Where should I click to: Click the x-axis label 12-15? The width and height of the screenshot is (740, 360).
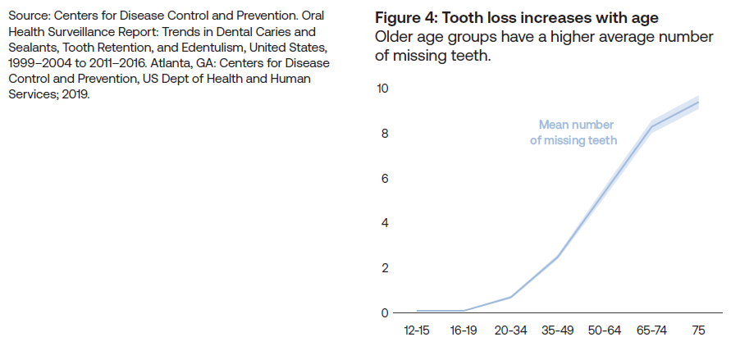417,330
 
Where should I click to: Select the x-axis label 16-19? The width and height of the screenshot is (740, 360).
464,330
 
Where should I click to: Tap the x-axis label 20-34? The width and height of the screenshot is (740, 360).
511,330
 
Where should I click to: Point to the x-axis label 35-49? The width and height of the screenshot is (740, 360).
558,330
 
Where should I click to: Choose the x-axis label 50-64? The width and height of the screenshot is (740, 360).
605,330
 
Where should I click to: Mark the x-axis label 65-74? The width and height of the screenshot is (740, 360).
651,330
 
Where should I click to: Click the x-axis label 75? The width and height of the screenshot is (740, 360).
698,330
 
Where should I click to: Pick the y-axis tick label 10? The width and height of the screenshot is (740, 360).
382,89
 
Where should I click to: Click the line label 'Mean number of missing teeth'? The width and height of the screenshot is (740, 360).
574,133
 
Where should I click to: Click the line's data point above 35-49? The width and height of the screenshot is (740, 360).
558,257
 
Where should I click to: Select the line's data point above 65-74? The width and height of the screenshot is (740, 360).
651,125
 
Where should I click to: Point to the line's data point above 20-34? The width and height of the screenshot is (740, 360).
511,297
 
